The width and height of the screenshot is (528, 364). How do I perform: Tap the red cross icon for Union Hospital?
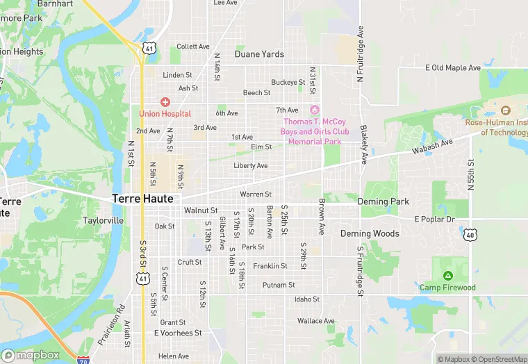point(165,102)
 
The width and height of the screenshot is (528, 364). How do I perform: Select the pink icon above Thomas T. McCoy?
point(314,110)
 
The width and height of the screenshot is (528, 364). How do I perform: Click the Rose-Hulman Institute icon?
point(505,111)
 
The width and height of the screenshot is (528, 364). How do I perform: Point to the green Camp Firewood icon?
point(447,276)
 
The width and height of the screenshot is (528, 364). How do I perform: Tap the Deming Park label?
point(383,201)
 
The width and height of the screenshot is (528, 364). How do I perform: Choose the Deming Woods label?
point(370,233)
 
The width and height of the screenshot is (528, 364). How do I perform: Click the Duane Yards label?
point(259,53)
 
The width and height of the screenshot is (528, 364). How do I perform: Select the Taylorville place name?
point(103,220)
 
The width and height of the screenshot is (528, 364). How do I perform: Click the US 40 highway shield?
point(470,235)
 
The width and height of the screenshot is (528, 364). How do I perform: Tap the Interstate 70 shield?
point(84,361)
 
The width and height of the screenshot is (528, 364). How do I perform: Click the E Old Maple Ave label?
point(452,68)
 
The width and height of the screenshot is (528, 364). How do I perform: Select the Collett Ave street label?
point(192,47)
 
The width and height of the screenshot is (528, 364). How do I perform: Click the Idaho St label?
point(306,299)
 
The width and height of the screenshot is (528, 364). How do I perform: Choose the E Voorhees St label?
point(177,333)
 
